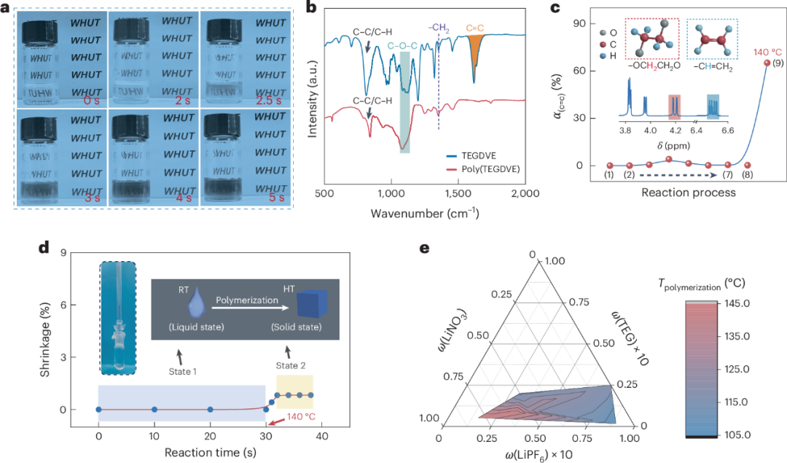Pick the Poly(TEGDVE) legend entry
coord(483,169)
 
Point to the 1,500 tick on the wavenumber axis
coord(458,193)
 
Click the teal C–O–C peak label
coord(402,46)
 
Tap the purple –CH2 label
coord(439,28)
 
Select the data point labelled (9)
coord(767,63)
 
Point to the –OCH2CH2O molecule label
coord(654,66)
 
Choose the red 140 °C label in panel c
coord(767,52)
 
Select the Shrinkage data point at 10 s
coord(154,410)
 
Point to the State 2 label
coord(291,365)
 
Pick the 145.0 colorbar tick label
coord(737,303)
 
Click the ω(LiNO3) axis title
coord(453,330)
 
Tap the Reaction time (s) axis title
coord(211,453)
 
